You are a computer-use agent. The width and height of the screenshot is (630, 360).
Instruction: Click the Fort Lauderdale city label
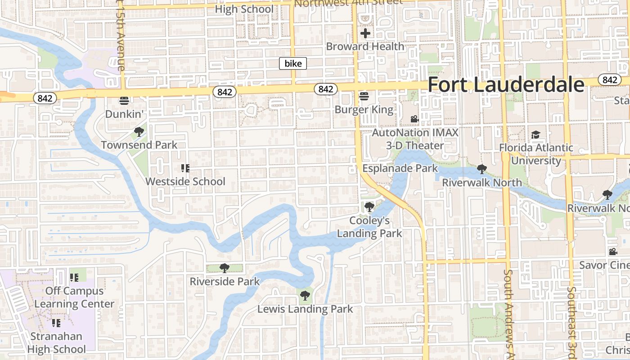coord(506,85)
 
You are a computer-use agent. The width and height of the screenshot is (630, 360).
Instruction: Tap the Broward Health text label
coord(365,46)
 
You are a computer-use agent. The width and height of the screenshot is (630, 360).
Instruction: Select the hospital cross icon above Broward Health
coord(365,33)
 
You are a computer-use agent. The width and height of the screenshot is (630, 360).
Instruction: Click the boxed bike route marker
coord(293,63)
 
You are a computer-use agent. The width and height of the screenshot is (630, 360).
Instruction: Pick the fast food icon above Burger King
coord(364,96)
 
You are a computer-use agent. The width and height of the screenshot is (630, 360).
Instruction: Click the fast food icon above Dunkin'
coord(124,100)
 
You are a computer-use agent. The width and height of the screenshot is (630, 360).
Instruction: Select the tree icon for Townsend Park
coord(139,132)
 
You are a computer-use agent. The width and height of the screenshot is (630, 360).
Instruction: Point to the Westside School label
coord(185,181)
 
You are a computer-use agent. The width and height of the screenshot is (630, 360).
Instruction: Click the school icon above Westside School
coord(185,168)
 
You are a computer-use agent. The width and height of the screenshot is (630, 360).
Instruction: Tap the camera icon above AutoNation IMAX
coord(414,119)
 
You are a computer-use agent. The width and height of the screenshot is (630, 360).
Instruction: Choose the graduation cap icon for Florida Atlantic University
coord(535,135)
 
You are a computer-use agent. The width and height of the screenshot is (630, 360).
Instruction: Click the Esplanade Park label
coord(400,168)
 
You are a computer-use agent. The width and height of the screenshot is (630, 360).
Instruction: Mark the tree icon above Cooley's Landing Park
coord(369,207)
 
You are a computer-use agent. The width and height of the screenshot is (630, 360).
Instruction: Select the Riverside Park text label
coord(225,282)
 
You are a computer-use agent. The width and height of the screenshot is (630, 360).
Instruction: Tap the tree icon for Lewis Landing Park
coord(305,296)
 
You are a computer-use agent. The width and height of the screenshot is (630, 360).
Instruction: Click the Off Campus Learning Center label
coord(74,297)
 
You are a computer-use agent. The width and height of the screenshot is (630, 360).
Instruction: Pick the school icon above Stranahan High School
coord(56,323)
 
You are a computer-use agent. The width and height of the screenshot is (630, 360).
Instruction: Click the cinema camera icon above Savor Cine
coord(613,252)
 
